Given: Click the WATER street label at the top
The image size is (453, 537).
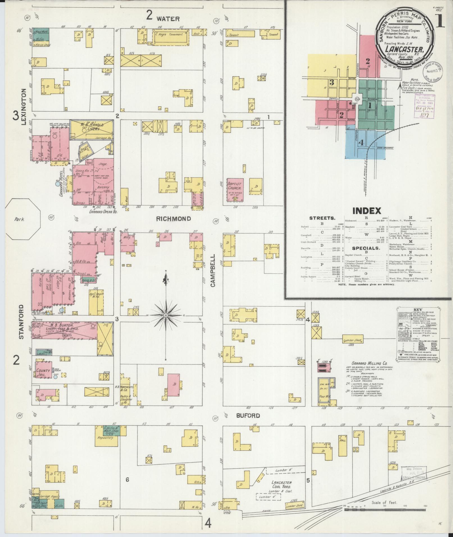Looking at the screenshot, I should click(x=168, y=19).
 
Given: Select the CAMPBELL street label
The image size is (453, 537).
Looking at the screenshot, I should click(x=212, y=271).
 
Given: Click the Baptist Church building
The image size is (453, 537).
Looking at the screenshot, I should click(x=235, y=190).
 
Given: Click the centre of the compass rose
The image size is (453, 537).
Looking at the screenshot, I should click(x=166, y=316).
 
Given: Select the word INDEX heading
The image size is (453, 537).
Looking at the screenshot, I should click(x=367, y=211).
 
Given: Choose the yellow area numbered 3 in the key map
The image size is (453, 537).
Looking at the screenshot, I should click(x=331, y=82).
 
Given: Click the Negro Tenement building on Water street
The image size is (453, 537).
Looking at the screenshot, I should click(x=170, y=38).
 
